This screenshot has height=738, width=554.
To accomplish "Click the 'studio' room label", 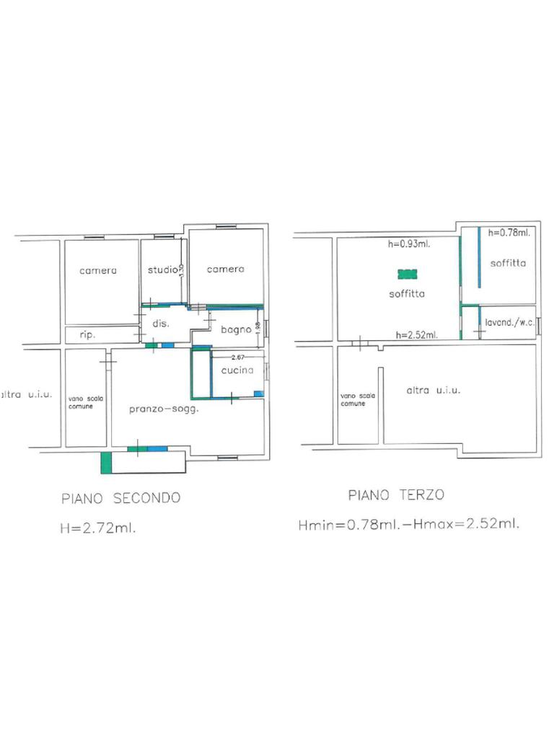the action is click(162, 270).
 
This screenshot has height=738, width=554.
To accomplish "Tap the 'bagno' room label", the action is click(236, 329).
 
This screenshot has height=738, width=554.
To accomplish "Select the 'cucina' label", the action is click(237, 370).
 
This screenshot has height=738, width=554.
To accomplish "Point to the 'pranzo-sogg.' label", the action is click(164, 409).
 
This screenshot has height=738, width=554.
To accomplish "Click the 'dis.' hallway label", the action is click(161, 324).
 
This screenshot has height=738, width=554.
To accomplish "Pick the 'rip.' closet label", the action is click(87, 334).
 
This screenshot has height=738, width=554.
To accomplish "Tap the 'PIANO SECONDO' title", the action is click(121, 498).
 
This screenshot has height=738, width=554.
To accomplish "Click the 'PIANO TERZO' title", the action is click(396, 494).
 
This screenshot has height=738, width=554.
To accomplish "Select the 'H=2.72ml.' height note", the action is click(98, 528).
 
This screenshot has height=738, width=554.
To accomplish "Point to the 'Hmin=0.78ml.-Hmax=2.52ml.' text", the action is click(409, 524).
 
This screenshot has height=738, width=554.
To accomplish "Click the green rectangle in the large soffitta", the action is click(408, 274).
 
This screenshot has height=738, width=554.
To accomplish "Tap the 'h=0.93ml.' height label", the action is click(409, 244).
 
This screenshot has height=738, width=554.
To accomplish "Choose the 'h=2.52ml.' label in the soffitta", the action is click(416, 335).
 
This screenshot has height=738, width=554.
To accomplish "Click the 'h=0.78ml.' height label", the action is click(509, 232).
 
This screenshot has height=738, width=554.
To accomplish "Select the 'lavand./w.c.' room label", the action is click(510, 322).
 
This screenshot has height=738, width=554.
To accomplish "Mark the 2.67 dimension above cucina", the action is click(238, 357).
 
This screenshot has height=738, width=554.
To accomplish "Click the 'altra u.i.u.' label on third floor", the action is click(434, 390).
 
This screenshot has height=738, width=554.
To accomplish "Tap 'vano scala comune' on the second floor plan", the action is click(85, 402).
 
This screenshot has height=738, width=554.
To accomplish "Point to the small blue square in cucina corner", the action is click(259, 394).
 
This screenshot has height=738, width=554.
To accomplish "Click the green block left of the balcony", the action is click(107, 463).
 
